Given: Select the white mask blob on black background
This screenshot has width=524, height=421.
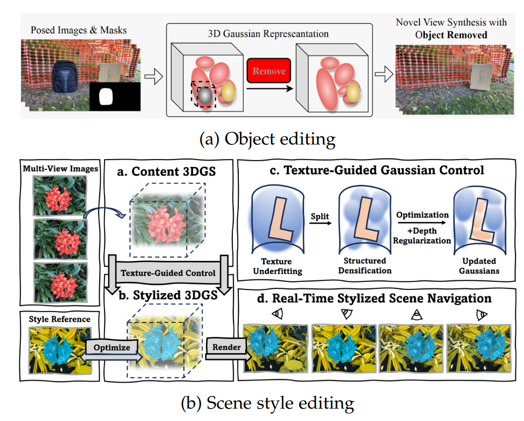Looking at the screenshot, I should [106, 96].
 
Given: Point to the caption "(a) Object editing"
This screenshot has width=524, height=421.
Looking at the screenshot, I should [267, 139].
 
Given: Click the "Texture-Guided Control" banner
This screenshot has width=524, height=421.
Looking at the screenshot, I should [168, 273].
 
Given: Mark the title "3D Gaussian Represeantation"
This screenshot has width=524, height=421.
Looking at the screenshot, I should [269, 34].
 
